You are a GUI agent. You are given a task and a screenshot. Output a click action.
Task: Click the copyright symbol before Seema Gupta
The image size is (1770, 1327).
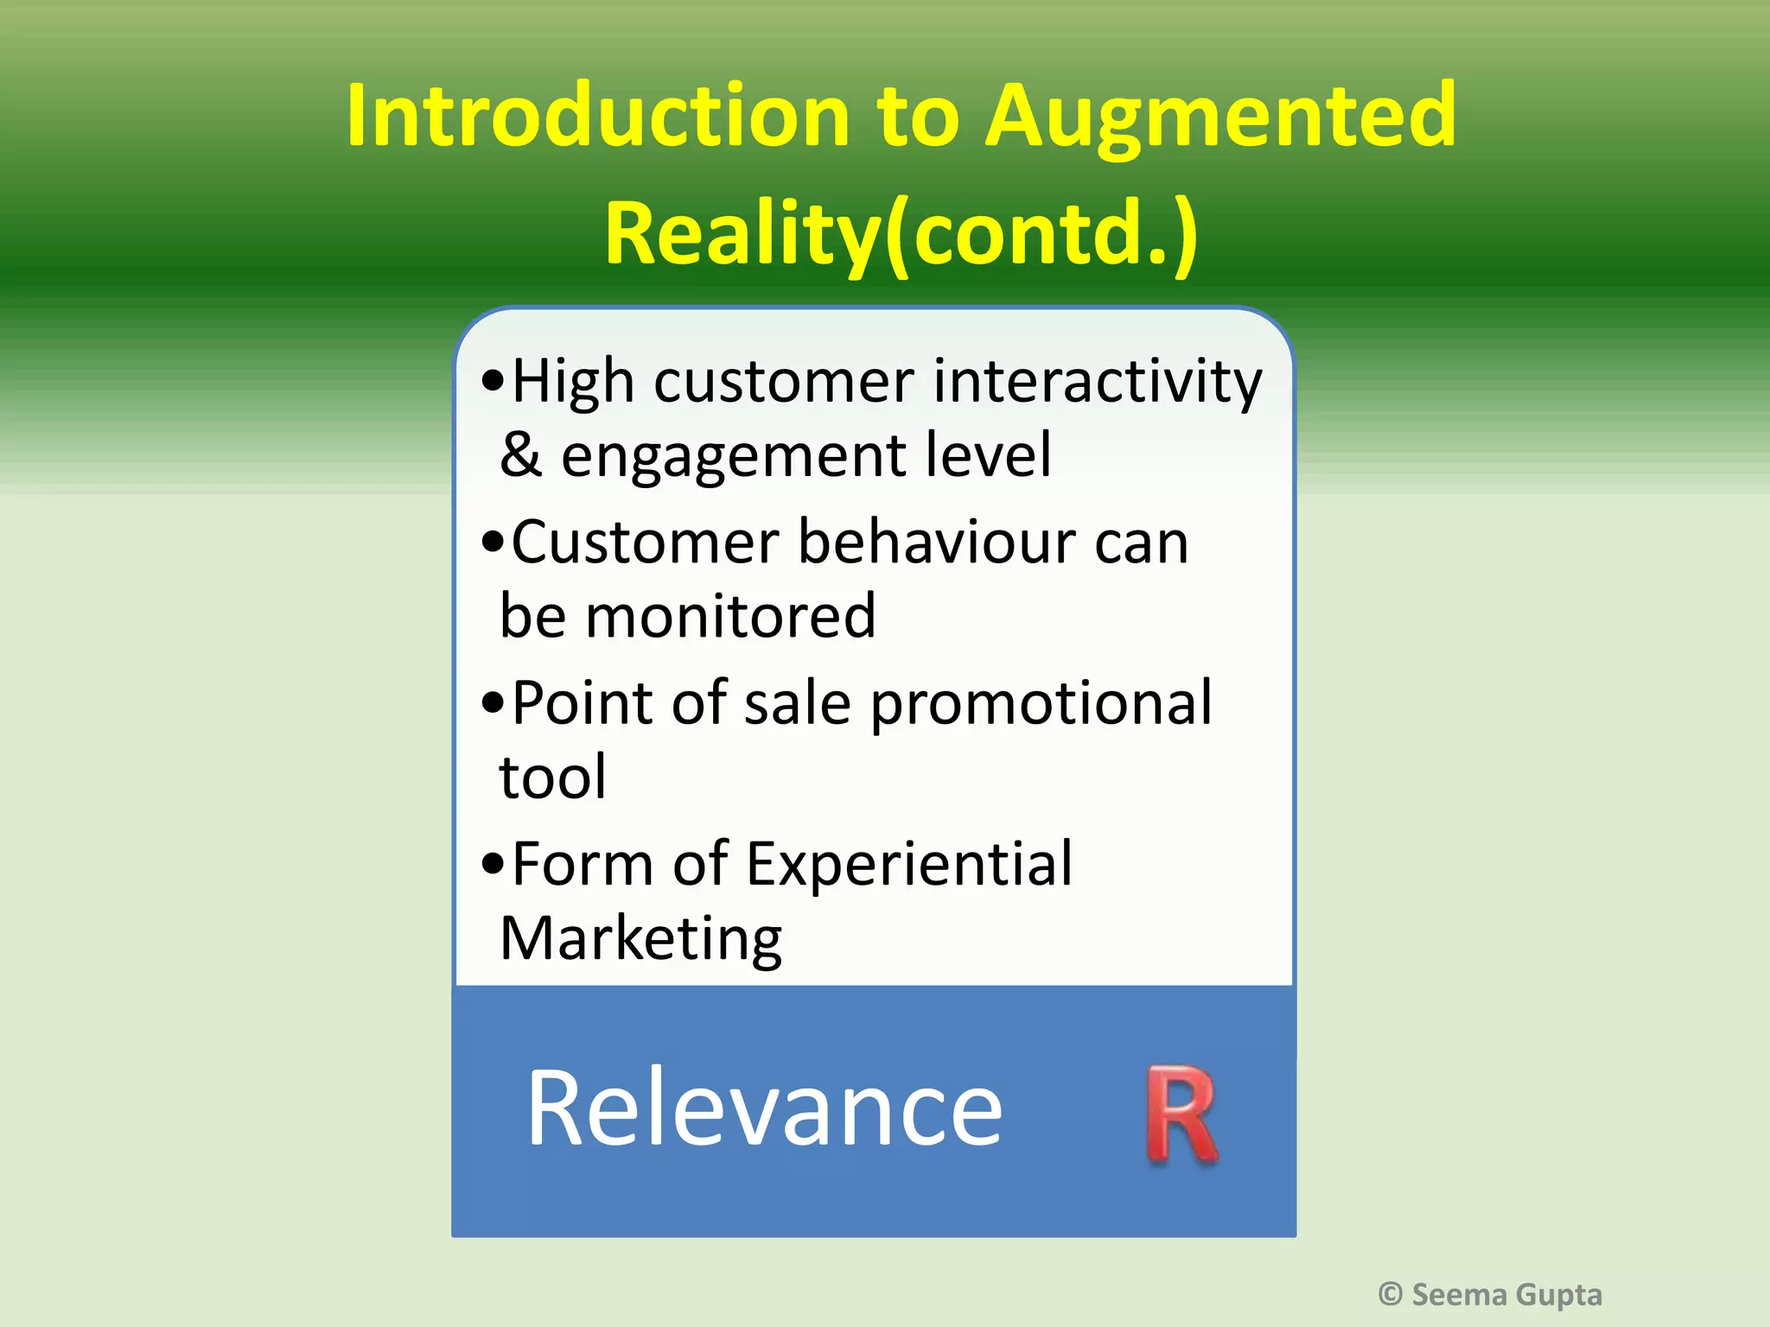coord(1390,1294)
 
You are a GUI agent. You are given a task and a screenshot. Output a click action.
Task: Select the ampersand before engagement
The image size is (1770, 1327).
coord(520,454)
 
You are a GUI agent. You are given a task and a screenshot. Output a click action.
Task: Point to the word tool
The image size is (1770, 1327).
coord(552,777)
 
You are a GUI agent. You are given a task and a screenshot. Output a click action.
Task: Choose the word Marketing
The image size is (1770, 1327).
coord(640,940)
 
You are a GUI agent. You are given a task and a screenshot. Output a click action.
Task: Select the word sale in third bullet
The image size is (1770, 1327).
coord(798,703)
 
